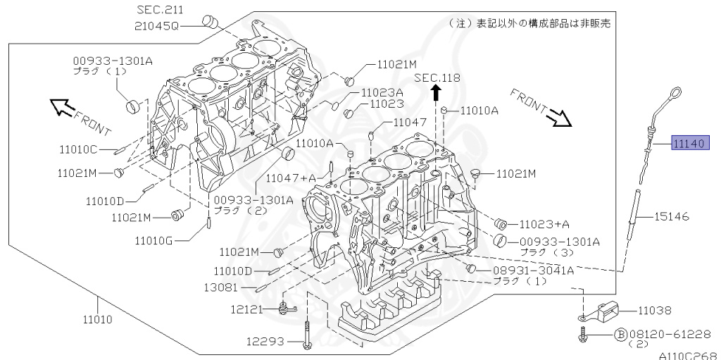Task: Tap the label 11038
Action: (654, 309)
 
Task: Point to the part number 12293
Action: (265, 342)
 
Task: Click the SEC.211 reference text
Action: (161, 10)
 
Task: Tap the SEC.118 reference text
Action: (437, 77)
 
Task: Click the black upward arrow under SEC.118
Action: (436, 91)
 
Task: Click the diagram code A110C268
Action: (688, 354)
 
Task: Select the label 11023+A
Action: (544, 225)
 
